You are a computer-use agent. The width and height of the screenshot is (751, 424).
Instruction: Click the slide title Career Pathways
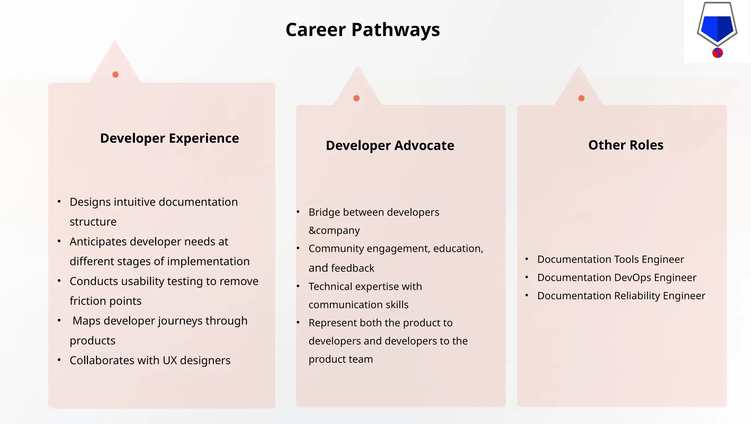362,30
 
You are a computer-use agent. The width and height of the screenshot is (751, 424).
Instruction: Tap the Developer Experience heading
169,138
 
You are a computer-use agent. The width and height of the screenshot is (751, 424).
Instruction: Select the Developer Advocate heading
390,146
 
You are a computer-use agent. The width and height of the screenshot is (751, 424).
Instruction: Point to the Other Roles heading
626,145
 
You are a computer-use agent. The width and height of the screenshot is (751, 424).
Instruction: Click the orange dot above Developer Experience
116,75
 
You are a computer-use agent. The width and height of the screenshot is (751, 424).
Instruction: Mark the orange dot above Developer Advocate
356,98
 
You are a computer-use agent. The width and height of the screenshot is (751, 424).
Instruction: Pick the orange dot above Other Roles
581,98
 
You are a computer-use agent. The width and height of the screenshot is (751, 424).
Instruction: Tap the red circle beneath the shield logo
717,53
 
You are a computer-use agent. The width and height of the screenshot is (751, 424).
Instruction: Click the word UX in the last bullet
170,361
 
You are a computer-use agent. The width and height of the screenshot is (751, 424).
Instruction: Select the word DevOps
631,278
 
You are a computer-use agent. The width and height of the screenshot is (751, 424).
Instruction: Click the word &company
334,230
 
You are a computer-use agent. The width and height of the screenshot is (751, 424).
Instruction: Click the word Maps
87,321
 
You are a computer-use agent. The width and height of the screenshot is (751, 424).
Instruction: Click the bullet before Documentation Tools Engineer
527,259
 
